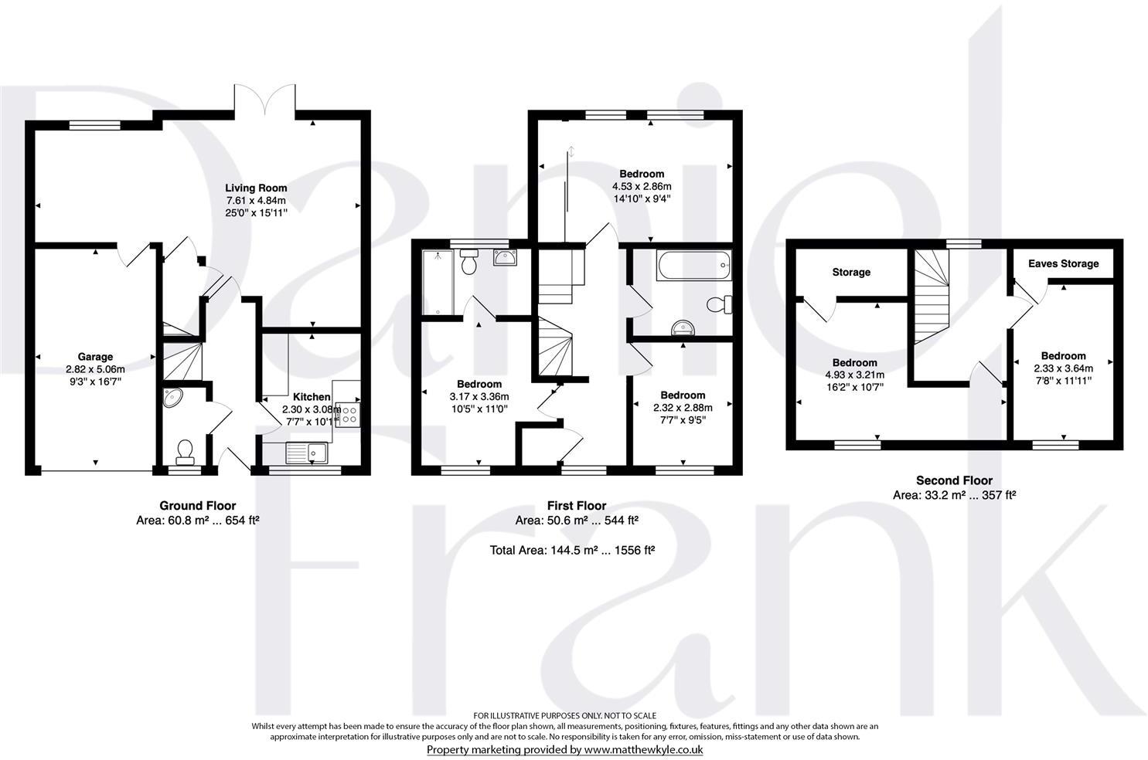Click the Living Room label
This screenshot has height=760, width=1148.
coord(256,188)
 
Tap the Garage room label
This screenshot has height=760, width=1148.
coord(95,357)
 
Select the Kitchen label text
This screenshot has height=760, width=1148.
coord(312,397)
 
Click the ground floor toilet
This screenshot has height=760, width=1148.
coord(186,451)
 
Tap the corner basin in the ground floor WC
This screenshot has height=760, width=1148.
coord(172,398)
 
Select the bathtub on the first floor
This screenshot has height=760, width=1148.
coord(692,264)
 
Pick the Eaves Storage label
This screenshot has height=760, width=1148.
coord(1063,263)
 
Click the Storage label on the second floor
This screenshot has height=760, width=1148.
coord(851,272)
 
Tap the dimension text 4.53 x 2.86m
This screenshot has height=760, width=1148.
coord(642,186)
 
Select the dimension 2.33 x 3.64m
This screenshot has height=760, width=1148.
coord(1062,368)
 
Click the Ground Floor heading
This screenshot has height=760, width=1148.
coord(198,506)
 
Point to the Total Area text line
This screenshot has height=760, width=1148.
coord(572,550)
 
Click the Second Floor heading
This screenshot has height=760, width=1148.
coord(954,480)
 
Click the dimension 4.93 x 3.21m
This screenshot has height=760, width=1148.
coord(854,375)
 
